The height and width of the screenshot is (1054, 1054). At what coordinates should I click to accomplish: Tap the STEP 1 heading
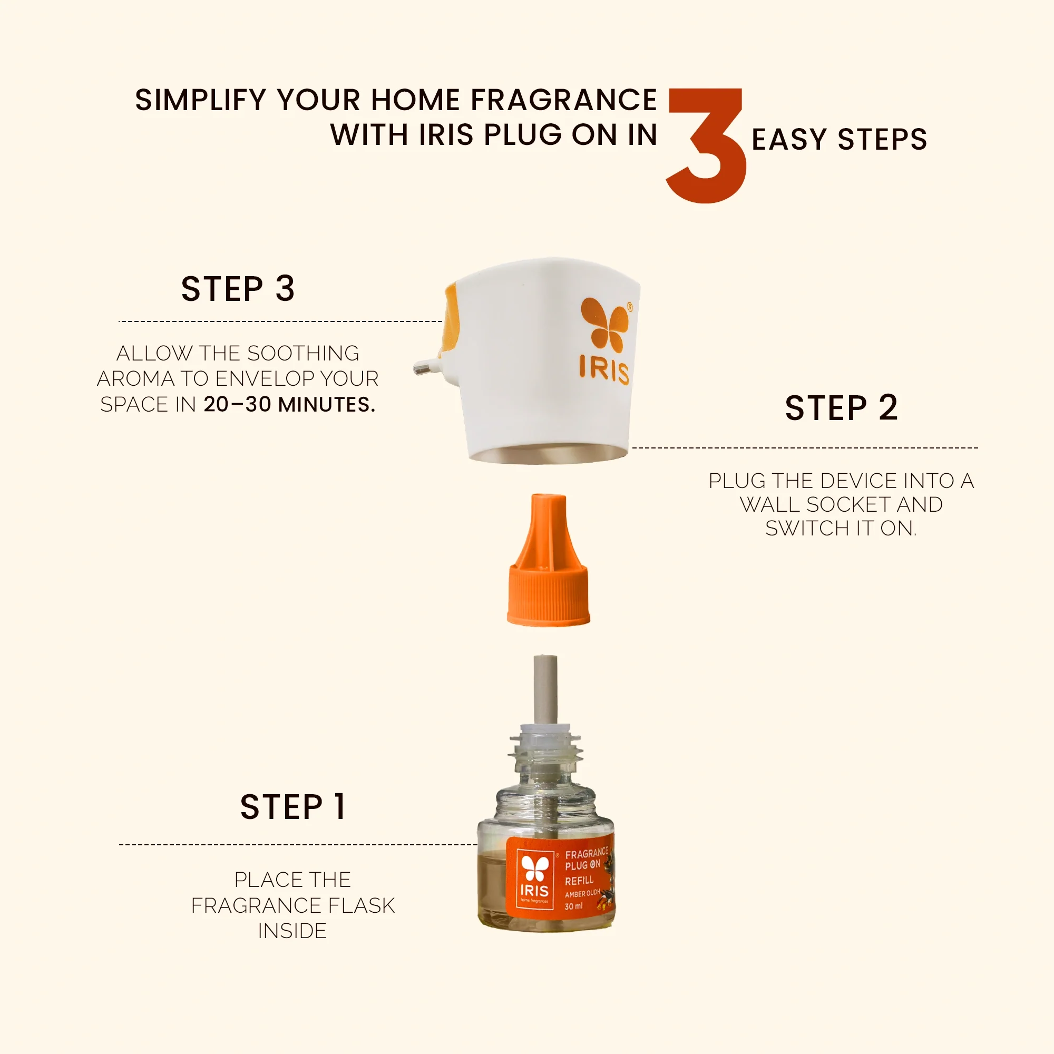(293, 807)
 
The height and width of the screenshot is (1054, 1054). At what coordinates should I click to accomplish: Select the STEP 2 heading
(841, 407)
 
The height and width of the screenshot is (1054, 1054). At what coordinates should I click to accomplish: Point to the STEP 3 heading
(238, 289)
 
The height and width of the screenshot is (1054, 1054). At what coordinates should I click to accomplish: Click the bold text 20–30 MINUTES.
(290, 404)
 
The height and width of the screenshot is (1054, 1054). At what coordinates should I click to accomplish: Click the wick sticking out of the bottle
(545, 691)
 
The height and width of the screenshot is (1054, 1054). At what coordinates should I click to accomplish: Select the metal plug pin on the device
(428, 367)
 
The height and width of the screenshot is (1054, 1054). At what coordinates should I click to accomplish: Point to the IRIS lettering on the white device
(604, 370)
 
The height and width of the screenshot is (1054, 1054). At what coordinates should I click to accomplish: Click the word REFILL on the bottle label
(579, 881)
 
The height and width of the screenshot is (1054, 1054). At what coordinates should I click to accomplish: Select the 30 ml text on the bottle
(573, 906)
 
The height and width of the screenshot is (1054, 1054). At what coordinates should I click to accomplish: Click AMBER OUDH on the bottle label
(582, 894)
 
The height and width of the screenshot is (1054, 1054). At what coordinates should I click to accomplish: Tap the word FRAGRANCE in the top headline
(563, 100)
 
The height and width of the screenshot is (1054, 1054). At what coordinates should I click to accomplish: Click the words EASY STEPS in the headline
(840, 139)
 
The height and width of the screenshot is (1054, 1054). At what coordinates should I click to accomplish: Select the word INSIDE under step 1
(292, 931)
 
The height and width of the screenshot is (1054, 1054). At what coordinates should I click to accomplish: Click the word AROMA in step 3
(136, 378)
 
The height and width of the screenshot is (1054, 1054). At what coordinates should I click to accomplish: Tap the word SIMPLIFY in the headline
(201, 100)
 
